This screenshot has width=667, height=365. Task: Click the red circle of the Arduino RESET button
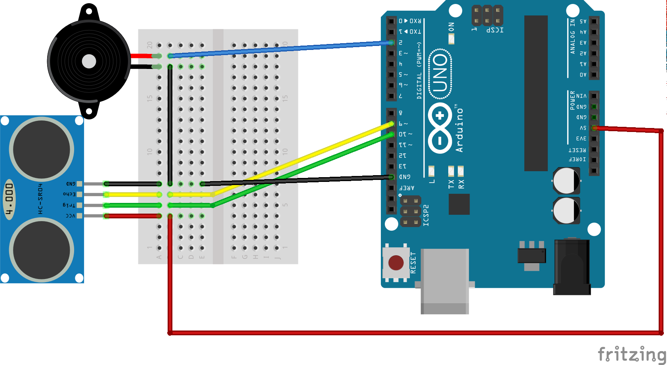click(396, 262)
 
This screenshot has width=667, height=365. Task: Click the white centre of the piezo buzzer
click(89, 61)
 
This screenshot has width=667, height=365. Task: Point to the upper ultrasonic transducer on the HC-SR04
click(41, 150)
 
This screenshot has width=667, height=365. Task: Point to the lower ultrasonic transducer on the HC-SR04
click(41, 250)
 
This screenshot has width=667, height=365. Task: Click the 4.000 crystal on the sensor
click(9, 199)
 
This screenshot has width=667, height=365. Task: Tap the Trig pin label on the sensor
click(69, 205)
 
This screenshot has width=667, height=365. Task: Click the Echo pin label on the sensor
click(69, 194)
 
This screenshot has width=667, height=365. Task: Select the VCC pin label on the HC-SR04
click(70, 216)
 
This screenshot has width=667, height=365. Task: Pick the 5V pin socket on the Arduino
click(594, 128)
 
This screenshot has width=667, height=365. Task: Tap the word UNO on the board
click(440, 73)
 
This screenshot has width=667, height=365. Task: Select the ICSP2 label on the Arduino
click(426, 215)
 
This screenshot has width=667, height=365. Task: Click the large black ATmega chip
click(536, 93)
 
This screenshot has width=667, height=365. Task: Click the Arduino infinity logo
click(440, 128)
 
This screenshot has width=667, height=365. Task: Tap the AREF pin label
click(407, 187)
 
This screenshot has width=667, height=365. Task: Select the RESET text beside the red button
click(413, 262)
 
